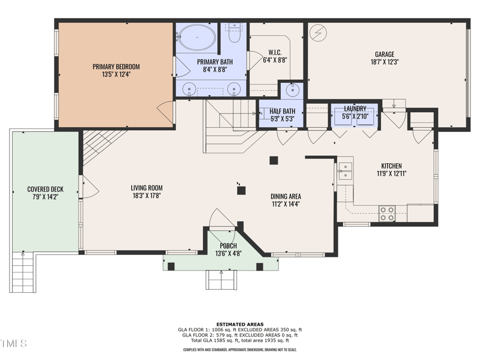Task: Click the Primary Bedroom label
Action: pyautogui.click(x=116, y=67)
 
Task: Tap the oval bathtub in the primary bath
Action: pyautogui.click(x=197, y=37)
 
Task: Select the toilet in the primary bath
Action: pyautogui.click(x=235, y=33)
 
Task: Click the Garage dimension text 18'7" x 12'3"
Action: pyautogui.click(x=385, y=62)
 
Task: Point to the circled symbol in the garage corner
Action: pyautogui.click(x=318, y=32)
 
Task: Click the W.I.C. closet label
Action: pyautogui.click(x=275, y=53)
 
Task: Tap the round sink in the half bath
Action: pyautogui.click(x=293, y=89)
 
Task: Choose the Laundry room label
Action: pyautogui.click(x=355, y=109)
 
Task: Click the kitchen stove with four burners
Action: pyautogui.click(x=387, y=214)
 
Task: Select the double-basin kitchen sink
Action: pyautogui.click(x=346, y=170)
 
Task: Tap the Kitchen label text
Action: pyautogui.click(x=392, y=166)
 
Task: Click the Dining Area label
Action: pyautogui.click(x=286, y=197)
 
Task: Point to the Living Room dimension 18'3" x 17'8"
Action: pyautogui.click(x=146, y=196)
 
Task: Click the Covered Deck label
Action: pyautogui.click(x=46, y=189)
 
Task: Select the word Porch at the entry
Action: pyautogui.click(x=228, y=246)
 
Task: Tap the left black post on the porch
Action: pyautogui.click(x=171, y=266)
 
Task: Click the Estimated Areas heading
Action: pyautogui.click(x=240, y=325)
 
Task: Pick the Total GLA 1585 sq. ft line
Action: pyautogui.click(x=240, y=340)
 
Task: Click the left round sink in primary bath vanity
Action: pyautogui.click(x=189, y=89)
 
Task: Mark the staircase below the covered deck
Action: pyautogui.click(x=23, y=272)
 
